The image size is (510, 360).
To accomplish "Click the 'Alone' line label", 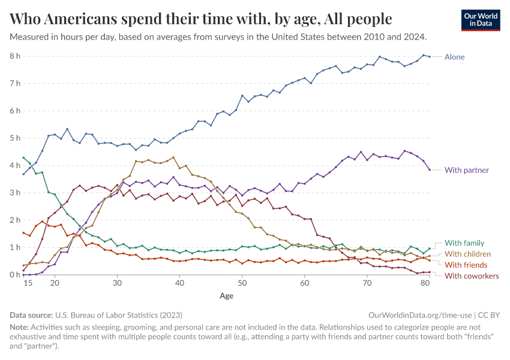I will click(454, 57).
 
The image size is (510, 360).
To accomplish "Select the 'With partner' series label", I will click(466, 170).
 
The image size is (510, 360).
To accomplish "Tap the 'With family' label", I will click(464, 243).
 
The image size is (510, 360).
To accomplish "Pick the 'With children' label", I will click(468, 254).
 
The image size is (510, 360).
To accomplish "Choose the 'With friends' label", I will click(466, 265).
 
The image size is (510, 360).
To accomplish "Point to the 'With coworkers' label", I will click(471, 275).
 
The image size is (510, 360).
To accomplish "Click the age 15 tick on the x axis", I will click(27, 283).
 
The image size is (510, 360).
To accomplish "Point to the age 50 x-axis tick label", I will click(242, 283).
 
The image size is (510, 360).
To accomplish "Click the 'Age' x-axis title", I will click(226, 296).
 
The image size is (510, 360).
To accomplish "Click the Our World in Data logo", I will click(481, 20).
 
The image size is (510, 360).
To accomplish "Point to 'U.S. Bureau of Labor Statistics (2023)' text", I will click(119, 314).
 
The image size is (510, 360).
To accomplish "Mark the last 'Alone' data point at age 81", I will click(430, 57).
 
